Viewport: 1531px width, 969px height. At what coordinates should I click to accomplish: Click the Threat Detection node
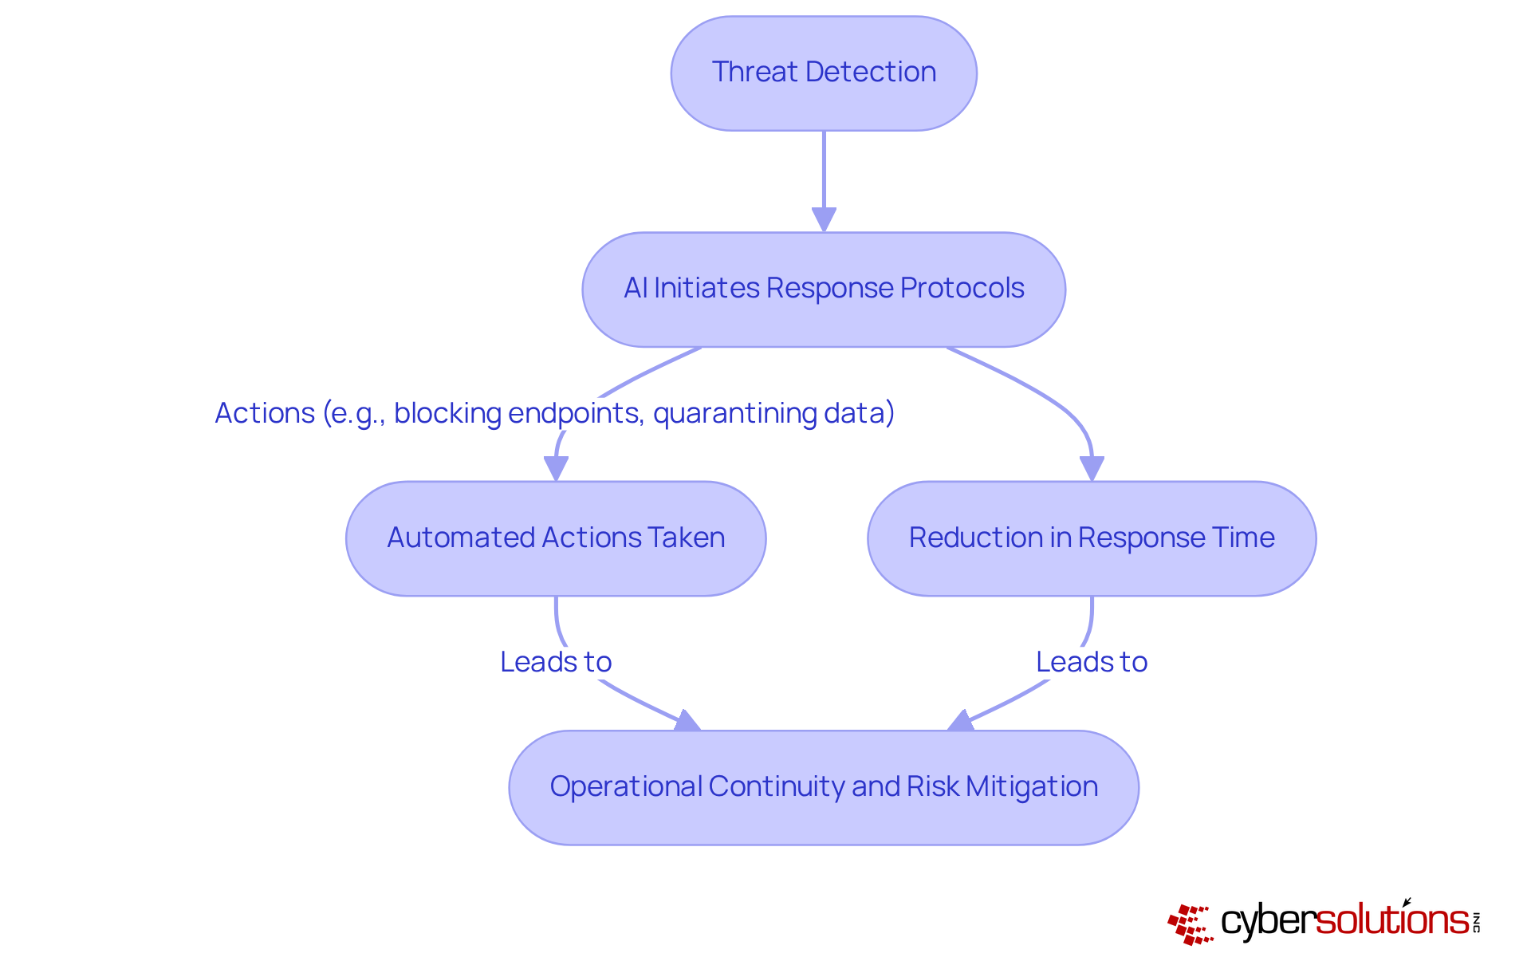pyautogui.click(x=824, y=73)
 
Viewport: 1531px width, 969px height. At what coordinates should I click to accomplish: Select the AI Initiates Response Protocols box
pyautogui.click(x=824, y=290)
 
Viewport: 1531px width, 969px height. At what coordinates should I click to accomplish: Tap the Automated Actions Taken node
pyautogui.click(x=556, y=538)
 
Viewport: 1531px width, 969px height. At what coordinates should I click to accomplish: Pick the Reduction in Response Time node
pyautogui.click(x=1092, y=538)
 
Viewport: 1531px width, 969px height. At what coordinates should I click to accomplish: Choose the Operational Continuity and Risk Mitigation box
pyautogui.click(x=824, y=787)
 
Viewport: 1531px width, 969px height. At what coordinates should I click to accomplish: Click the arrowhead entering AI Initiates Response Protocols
pyautogui.click(x=824, y=219)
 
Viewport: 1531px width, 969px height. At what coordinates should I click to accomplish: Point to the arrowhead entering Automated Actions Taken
pyautogui.click(x=556, y=468)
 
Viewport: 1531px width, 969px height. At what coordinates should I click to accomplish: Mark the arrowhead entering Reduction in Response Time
pyautogui.click(x=1092, y=468)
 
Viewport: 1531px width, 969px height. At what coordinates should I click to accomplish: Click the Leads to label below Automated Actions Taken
pyautogui.click(x=556, y=662)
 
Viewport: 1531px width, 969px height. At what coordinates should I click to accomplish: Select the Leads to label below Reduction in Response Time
pyautogui.click(x=1092, y=662)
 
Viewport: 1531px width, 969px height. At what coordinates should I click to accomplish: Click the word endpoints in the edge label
pyautogui.click(x=574, y=413)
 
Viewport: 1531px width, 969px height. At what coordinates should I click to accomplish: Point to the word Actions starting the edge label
pyautogui.click(x=265, y=413)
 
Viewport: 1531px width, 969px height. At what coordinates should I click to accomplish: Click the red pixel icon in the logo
pyautogui.click(x=1190, y=924)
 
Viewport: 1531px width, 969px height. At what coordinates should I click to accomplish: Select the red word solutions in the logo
pyautogui.click(x=1391, y=920)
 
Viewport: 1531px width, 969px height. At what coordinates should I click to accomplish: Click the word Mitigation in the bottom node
pyautogui.click(x=1032, y=787)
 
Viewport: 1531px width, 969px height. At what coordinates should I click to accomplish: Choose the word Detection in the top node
pyautogui.click(x=871, y=73)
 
